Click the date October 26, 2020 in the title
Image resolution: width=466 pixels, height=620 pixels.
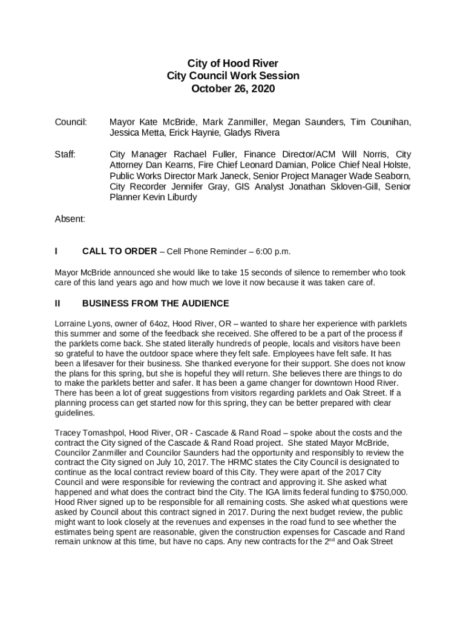[233, 89]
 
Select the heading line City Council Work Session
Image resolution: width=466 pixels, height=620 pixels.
[233, 76]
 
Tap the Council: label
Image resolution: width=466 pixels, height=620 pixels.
[71, 122]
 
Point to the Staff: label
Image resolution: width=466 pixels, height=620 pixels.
[65, 154]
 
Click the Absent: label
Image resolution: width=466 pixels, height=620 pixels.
[70, 219]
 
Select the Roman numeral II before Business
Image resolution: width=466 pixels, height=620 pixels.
[57, 303]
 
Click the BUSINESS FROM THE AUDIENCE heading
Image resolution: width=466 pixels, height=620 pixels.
[156, 303]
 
